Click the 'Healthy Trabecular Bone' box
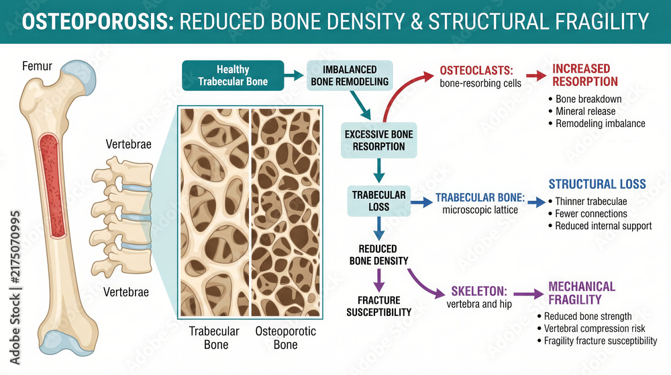pyautogui.click(x=233, y=75)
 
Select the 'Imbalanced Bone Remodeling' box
pyautogui.click(x=350, y=75)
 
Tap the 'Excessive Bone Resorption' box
pyautogui.click(x=378, y=140)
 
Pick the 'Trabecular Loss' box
pyautogui.click(x=378, y=200)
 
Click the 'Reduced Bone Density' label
pyautogui.click(x=378, y=255)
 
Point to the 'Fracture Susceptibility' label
pyautogui.click(x=378, y=306)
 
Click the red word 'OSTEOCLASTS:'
pyautogui.click(x=476, y=71)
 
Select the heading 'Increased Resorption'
pyautogui.click(x=585, y=75)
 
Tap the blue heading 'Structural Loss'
pyautogui.click(x=597, y=184)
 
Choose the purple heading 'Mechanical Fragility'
pyautogui.click(x=582, y=293)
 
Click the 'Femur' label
pyautogui.click(x=37, y=66)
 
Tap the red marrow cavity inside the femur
pyautogui.click(x=52, y=185)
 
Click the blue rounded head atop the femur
pyautogui.click(x=80, y=77)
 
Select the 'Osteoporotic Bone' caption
pyautogui.click(x=285, y=338)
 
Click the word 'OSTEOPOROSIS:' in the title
pyautogui.click(x=98, y=22)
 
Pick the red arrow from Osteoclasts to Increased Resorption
pyautogui.click(x=536, y=75)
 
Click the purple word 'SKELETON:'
pyautogui.click(x=479, y=292)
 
